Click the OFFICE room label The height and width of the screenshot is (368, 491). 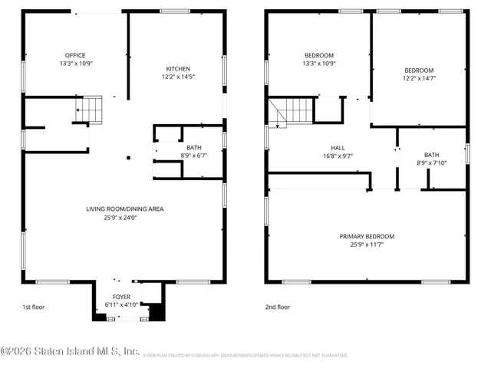(x=75, y=55)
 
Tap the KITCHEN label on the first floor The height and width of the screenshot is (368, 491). (x=178, y=69)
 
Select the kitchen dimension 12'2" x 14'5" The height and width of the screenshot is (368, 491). (x=178, y=77)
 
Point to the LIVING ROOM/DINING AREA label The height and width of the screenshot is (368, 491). (x=124, y=209)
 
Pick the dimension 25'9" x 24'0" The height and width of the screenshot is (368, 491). (x=124, y=217)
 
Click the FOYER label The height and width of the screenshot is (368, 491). (x=122, y=297)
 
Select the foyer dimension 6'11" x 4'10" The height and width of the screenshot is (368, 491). (x=122, y=305)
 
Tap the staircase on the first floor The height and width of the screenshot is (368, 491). (x=91, y=110)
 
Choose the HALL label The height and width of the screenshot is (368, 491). (x=338, y=147)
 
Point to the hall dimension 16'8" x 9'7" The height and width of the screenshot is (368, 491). (x=338, y=156)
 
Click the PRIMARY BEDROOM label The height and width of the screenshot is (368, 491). (x=367, y=236)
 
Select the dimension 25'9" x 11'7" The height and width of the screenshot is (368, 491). (x=367, y=245)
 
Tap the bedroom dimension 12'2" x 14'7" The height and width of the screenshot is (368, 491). (x=418, y=77)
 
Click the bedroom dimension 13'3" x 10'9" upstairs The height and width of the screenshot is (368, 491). (x=319, y=63)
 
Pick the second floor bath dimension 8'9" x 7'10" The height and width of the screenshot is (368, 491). (x=432, y=163)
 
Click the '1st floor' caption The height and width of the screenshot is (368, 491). (x=33, y=307)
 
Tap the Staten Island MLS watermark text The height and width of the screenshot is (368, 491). (x=71, y=352)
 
